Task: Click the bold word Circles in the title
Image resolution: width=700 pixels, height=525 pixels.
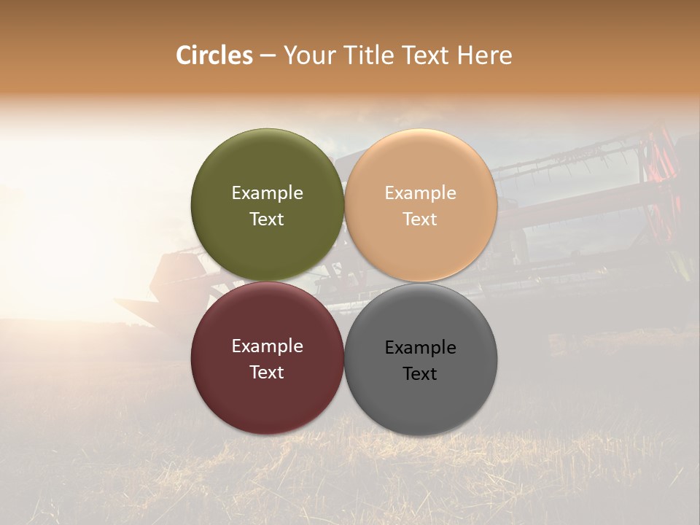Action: click(214, 55)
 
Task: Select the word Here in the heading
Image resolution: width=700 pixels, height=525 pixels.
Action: click(484, 55)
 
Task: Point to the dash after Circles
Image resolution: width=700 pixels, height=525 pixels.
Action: click(268, 56)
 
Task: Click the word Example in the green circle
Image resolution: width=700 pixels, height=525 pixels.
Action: click(267, 193)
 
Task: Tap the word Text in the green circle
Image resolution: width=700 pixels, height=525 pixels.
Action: click(267, 219)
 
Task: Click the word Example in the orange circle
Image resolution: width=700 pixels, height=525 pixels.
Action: click(420, 193)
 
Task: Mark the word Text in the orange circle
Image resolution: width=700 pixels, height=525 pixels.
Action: click(420, 219)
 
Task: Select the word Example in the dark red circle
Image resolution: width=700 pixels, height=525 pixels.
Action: click(267, 346)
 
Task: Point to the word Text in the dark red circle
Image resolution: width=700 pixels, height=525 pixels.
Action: click(267, 373)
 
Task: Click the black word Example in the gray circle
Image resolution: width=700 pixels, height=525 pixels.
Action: click(420, 348)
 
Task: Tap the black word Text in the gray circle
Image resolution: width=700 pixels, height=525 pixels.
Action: click(420, 374)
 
